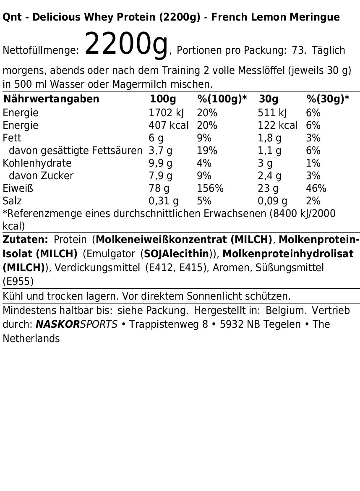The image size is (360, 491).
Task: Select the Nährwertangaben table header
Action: pos(51,99)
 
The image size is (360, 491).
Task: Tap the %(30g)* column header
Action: pos(328,99)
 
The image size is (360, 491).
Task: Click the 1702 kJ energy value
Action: pos(167,113)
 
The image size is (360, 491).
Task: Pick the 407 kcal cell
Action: pos(169,125)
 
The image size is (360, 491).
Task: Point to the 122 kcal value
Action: pos(277,125)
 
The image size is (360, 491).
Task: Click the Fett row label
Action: pos(12,138)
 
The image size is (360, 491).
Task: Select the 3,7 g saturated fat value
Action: pos(161,151)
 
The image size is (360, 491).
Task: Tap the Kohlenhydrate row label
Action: pos(37,163)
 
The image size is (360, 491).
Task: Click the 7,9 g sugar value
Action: pos(161,176)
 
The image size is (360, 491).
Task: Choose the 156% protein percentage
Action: pos(210,188)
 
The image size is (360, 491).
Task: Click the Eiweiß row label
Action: pos(18,188)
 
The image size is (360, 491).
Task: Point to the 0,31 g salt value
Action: pos(164,201)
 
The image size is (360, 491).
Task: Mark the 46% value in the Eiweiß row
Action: pos(316,188)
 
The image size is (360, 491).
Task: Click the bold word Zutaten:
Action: pos(26,240)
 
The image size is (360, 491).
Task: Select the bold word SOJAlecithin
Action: pos(176,254)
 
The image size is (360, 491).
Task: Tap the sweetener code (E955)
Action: pos(18,281)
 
